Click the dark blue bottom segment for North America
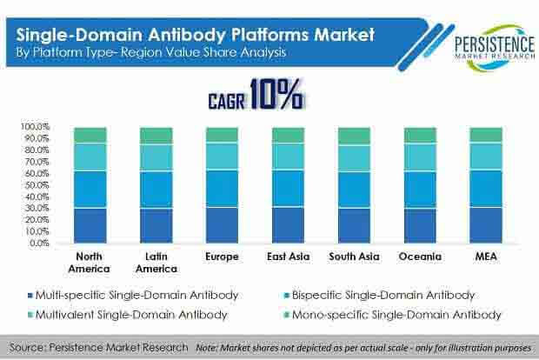[90, 225]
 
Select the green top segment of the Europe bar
[222, 135]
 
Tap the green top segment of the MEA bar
[486, 135]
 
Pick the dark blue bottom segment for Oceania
[420, 225]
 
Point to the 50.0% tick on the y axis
[37, 185]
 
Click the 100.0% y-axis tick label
[36, 127]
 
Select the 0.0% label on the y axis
[39, 243]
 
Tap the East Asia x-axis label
[288, 257]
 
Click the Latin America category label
[156, 263]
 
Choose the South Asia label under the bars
[354, 257]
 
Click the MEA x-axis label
[486, 257]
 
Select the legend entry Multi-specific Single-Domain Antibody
[133, 296]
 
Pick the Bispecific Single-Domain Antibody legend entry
[380, 296]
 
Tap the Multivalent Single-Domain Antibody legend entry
[128, 315]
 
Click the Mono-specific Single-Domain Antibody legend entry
[393, 315]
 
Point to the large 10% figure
[276, 94]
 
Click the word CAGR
[227, 102]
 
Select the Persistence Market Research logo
[495, 47]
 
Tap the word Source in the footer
[26, 347]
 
